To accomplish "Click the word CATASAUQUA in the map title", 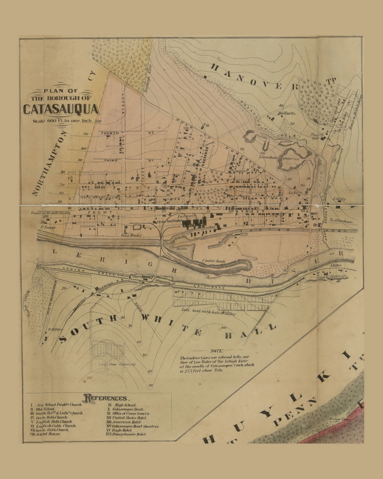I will click(x=61, y=109).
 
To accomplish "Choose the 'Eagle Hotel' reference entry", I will click(x=122, y=430).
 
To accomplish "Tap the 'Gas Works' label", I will click(x=131, y=235).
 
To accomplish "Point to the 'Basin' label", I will click(x=182, y=249).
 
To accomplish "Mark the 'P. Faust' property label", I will click(x=48, y=227).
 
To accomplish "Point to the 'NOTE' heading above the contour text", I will click(x=216, y=351).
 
